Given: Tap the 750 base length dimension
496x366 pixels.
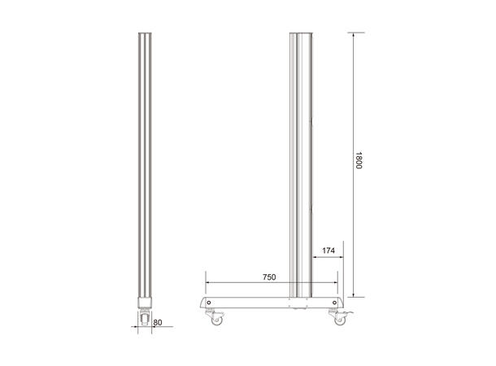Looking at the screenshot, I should click(269, 277).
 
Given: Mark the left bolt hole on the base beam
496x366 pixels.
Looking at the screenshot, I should click(210, 303).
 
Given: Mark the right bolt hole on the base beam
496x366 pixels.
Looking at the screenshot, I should click(333, 303).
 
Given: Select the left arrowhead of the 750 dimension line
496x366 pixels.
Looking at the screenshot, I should click(208, 283).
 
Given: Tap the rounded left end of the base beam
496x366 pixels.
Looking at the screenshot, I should click(198, 303).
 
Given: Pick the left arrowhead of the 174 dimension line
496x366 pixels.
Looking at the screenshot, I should click(315, 258).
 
